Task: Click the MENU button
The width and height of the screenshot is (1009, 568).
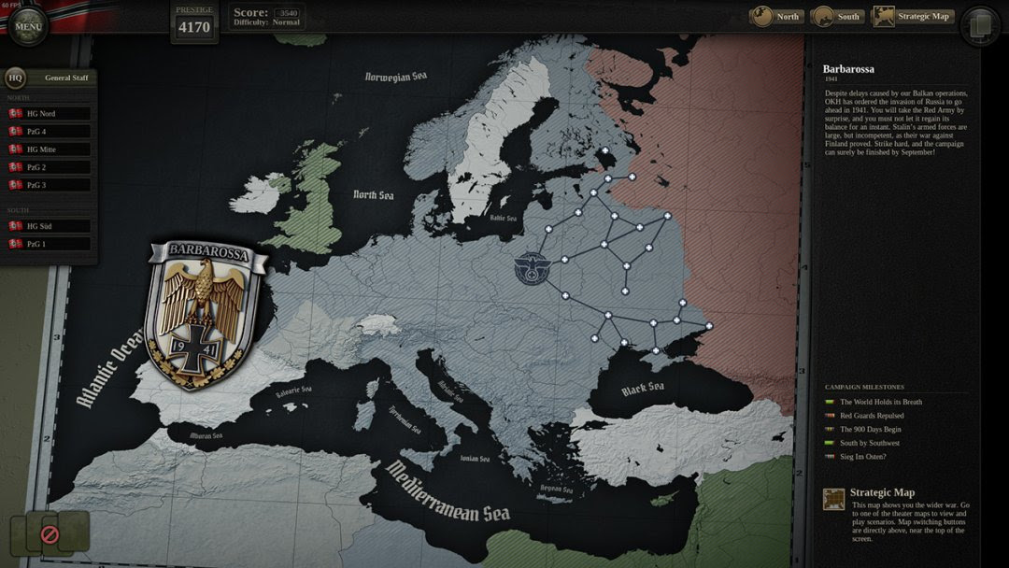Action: [x=28, y=26]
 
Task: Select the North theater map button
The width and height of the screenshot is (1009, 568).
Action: [x=776, y=17]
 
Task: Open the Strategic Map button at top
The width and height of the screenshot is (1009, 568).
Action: [x=914, y=17]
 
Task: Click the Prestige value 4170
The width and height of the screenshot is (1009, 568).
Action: [x=194, y=27]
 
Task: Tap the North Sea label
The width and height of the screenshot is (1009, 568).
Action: [x=373, y=195]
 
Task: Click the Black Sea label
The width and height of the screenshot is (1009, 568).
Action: [x=643, y=389]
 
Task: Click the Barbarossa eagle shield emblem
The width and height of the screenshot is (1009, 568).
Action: [x=206, y=313]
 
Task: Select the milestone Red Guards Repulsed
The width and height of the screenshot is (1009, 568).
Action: [x=871, y=416]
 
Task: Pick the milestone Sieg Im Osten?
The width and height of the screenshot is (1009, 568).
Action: [x=862, y=457]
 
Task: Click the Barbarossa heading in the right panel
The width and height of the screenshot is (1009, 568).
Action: [x=848, y=69]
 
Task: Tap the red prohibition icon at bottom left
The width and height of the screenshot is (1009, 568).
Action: [x=50, y=534]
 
